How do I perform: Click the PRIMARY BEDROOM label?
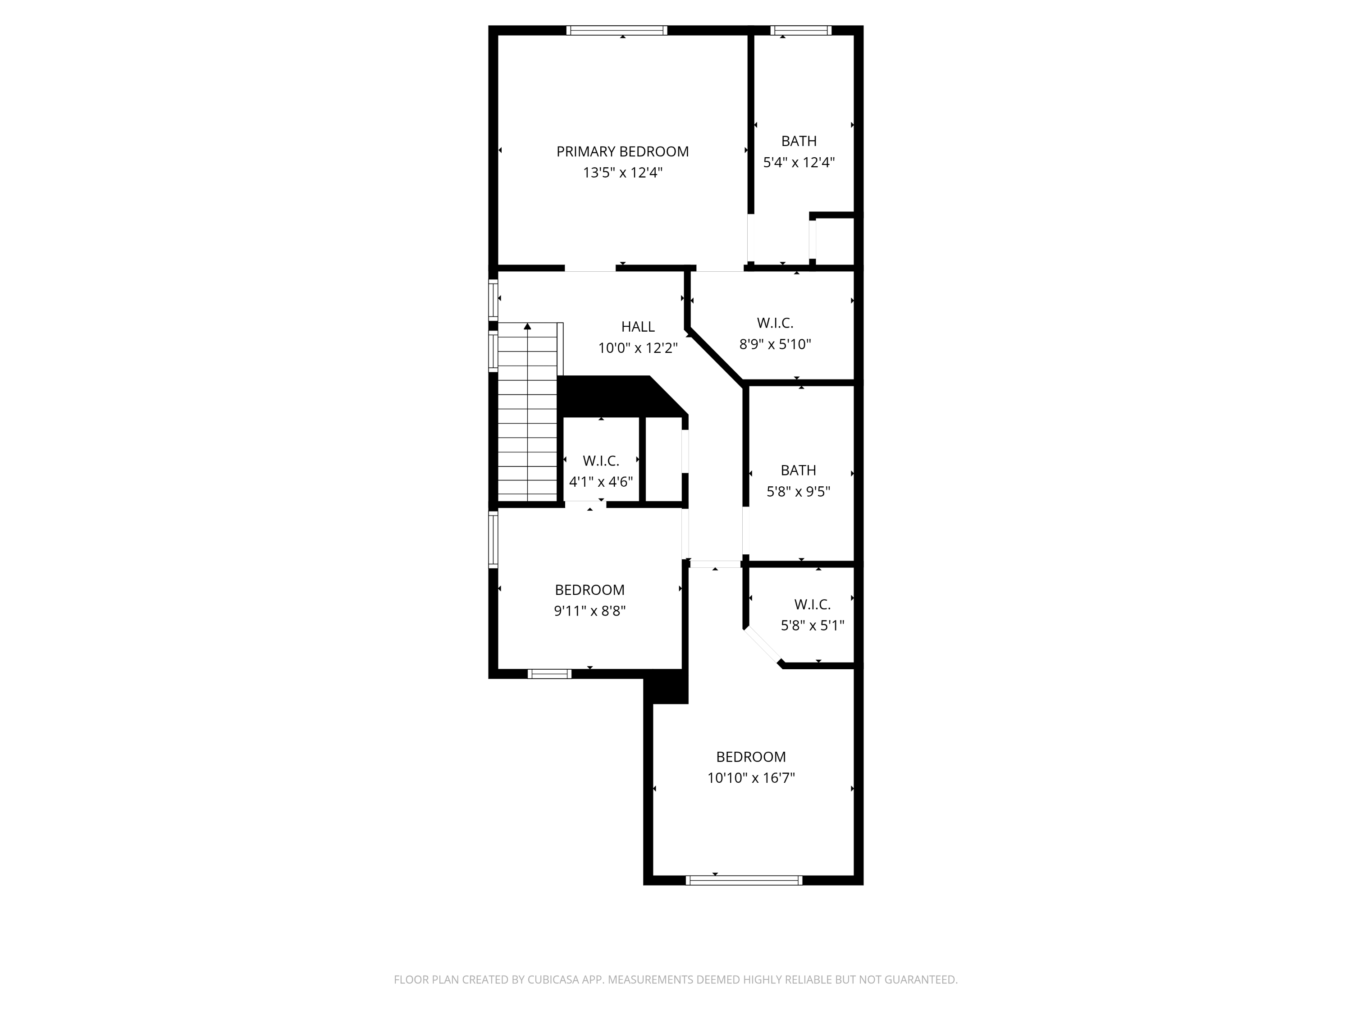coord(622,151)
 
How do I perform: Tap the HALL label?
coord(638,327)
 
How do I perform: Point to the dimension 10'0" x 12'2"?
coord(638,348)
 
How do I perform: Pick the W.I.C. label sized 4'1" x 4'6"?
coord(601,461)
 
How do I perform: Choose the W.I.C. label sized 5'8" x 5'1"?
coord(812,604)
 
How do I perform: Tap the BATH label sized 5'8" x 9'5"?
coord(798,470)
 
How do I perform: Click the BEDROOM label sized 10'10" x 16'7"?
coord(750,757)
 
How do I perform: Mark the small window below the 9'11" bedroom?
coord(549,674)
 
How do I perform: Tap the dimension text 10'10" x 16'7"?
coord(750,778)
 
